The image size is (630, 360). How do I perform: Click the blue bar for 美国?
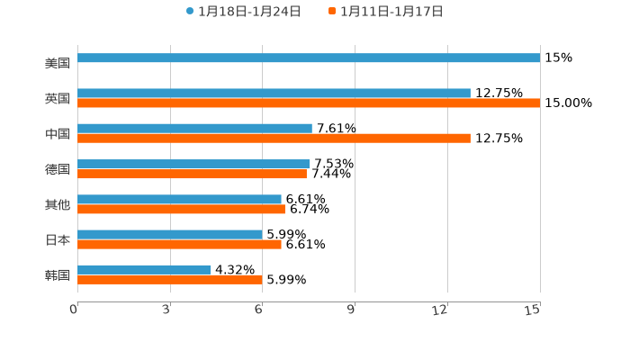(x=309, y=58)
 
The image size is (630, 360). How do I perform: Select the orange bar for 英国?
(x=309, y=103)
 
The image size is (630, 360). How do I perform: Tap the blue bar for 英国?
(x=274, y=94)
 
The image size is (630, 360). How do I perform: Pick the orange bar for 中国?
(x=274, y=139)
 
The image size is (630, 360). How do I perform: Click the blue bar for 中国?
(x=194, y=129)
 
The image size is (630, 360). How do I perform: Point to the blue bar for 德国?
(x=193, y=164)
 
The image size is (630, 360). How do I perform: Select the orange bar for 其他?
(x=181, y=209)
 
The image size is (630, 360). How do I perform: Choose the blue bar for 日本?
(x=170, y=235)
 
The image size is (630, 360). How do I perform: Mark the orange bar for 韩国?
(x=170, y=279)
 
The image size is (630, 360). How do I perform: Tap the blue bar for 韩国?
(x=144, y=270)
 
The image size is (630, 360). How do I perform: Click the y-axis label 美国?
(x=58, y=64)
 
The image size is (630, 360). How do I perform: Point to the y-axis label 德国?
(x=58, y=169)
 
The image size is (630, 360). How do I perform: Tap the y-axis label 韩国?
(x=58, y=274)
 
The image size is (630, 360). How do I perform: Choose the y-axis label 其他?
(x=58, y=204)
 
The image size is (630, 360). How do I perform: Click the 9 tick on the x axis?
(x=353, y=310)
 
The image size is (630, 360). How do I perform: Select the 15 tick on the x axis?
(x=534, y=310)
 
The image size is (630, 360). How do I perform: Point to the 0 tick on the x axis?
(x=75, y=310)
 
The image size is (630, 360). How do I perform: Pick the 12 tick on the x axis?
(x=440, y=310)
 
